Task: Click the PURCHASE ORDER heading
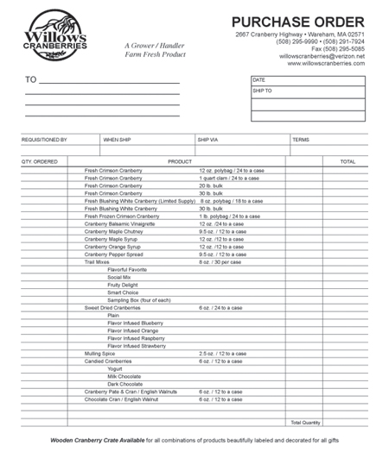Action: (x=297, y=22)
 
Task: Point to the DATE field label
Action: (x=258, y=79)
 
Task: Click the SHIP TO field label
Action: (x=262, y=90)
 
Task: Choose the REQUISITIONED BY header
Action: (x=44, y=139)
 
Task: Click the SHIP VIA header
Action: (x=208, y=139)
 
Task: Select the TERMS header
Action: (x=301, y=139)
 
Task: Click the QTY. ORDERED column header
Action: (x=40, y=161)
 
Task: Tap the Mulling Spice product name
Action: (x=99, y=353)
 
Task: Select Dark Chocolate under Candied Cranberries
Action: (x=124, y=384)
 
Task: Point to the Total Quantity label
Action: (x=305, y=423)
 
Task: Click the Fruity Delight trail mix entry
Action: (x=122, y=285)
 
